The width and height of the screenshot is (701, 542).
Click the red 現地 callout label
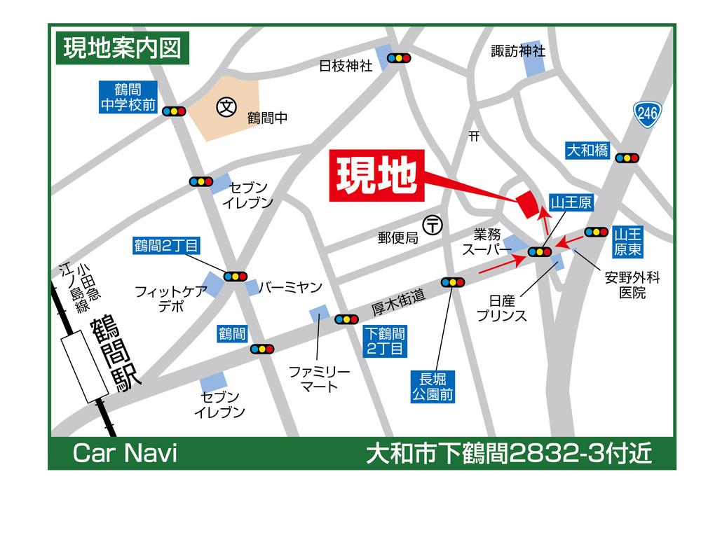coord(376,178)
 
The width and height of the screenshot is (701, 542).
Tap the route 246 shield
coord(647,114)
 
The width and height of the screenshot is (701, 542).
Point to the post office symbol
coord(434,225)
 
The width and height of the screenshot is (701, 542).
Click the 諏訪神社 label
coord(518,50)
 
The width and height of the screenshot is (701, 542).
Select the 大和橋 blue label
coord(587,150)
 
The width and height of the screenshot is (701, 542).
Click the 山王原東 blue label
coord(629,240)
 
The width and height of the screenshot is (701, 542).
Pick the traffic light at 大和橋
coord(627,158)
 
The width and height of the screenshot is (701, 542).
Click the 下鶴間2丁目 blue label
coord(383,341)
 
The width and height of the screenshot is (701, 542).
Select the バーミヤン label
coord(290,287)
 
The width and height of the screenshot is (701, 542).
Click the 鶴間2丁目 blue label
coord(167,245)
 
